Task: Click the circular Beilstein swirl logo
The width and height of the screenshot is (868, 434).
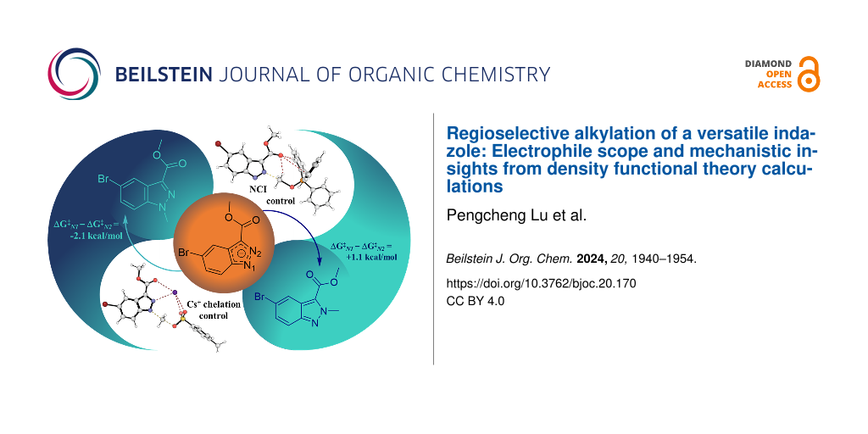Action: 75,74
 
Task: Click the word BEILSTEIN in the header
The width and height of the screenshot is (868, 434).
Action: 164,75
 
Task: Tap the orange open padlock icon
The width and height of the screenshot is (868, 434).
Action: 809,74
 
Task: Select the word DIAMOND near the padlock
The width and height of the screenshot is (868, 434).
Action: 768,64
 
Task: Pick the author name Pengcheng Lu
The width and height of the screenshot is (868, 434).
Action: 489,216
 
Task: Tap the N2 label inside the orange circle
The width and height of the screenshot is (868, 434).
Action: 255,253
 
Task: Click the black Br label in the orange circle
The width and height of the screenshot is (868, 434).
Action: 184,254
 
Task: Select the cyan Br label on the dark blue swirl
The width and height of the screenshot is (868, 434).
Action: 104,180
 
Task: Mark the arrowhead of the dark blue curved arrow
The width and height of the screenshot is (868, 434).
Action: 320,261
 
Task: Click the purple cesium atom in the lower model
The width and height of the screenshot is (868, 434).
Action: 175,292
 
